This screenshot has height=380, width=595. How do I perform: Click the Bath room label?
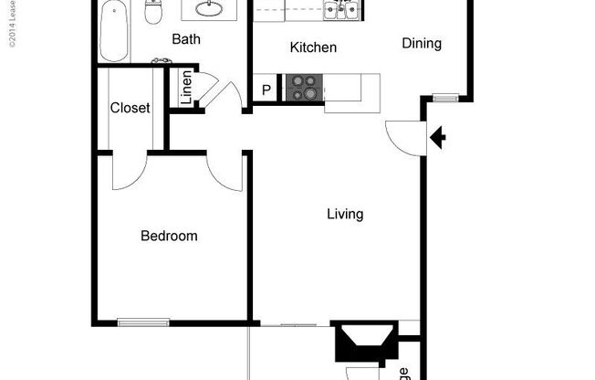tap(186, 40)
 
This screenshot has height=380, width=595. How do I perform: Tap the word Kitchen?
tap(313, 47)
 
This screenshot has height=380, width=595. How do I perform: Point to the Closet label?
tap(130, 108)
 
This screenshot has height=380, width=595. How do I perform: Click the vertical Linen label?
tap(186, 89)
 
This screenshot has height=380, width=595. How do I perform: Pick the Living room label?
tap(345, 215)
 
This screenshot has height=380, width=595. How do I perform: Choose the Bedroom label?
tap(169, 236)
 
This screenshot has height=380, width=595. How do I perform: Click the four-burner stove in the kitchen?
tap(304, 88)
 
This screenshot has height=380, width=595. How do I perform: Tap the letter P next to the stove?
tap(266, 90)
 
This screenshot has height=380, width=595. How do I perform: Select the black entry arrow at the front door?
tap(438, 138)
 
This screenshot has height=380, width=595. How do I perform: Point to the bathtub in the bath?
tap(114, 27)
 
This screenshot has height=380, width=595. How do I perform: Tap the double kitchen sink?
tap(344, 10)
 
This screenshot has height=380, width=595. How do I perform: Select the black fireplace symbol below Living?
tap(364, 343)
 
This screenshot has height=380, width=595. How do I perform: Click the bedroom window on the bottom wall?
tap(144, 321)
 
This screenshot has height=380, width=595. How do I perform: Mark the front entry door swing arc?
tap(399, 137)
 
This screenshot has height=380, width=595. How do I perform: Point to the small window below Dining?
tap(446, 98)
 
